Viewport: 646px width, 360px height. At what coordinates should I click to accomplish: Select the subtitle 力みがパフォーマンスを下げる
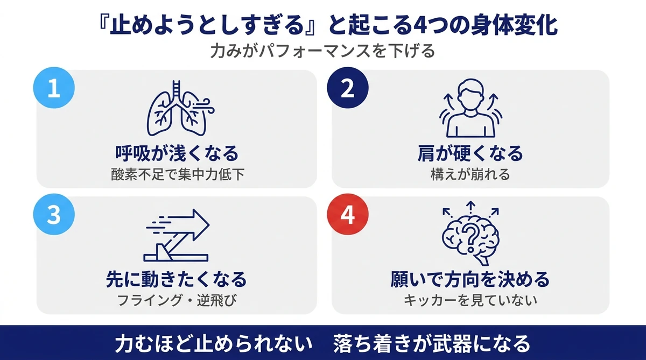(323, 53)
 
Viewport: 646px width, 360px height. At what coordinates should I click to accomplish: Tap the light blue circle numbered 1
(54, 89)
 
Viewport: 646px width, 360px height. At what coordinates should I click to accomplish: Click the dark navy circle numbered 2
(348, 89)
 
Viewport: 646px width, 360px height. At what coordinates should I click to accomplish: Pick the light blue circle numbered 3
(54, 215)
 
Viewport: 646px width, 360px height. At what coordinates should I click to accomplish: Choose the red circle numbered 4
(348, 215)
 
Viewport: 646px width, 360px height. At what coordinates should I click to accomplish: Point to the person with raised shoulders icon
(471, 110)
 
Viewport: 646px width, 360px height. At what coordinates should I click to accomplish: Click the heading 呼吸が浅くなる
(177, 154)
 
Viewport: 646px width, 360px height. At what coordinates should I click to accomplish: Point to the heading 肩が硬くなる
(470, 154)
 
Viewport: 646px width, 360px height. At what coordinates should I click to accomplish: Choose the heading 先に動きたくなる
(177, 280)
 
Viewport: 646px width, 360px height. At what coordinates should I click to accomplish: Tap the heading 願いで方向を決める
(470, 280)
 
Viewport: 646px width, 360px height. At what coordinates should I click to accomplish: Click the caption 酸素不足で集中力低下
(177, 174)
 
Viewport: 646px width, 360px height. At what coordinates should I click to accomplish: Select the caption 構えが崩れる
(470, 174)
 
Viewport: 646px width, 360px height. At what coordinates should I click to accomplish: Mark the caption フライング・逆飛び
(177, 300)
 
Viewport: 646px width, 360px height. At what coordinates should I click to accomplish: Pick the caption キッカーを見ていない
(470, 300)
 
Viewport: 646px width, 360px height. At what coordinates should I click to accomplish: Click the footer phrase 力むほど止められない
(214, 343)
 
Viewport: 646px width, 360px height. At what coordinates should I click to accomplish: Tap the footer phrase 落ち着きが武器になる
(432, 343)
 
